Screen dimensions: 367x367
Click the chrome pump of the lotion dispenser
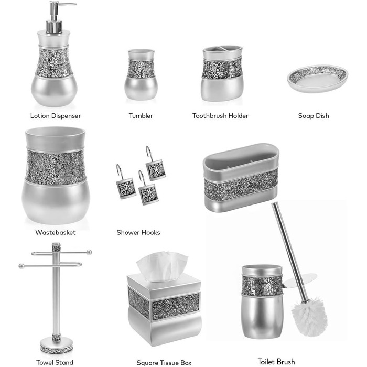[x=55, y=17]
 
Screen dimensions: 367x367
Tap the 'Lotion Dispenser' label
[x=56, y=116]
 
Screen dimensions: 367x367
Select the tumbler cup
[x=141, y=74]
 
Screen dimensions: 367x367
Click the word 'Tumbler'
[x=141, y=116]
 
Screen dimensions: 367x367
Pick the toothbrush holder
[x=222, y=73]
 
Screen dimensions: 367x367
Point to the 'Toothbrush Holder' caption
[x=220, y=116]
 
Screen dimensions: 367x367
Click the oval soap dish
[x=318, y=79]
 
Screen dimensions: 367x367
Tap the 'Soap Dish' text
[x=314, y=116]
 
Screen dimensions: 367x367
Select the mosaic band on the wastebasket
[x=55, y=167]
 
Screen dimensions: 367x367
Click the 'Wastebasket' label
[x=56, y=232]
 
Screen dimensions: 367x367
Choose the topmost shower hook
[x=155, y=164]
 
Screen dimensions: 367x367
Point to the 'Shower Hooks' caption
[x=138, y=232]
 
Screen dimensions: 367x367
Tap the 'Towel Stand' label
[x=55, y=362]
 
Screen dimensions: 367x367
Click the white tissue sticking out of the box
[x=162, y=266]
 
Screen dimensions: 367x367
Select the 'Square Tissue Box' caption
[x=164, y=363]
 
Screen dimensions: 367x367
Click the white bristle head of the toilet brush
[x=309, y=317]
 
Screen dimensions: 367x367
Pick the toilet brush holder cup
[x=262, y=302]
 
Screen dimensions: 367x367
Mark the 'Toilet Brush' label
[x=276, y=362]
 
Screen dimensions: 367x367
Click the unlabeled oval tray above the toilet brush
[x=241, y=178]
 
